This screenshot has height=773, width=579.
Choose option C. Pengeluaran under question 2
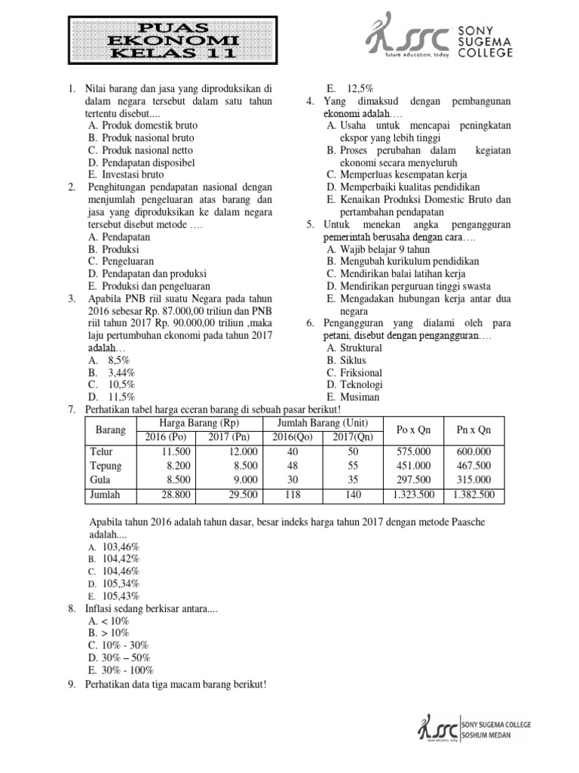119,261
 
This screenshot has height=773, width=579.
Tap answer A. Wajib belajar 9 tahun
378,249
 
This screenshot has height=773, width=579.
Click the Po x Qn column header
413,430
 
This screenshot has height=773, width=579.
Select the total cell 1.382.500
473,494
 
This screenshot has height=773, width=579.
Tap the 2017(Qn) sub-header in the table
354,437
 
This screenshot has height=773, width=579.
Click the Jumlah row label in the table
105,494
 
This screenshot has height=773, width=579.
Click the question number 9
71,685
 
